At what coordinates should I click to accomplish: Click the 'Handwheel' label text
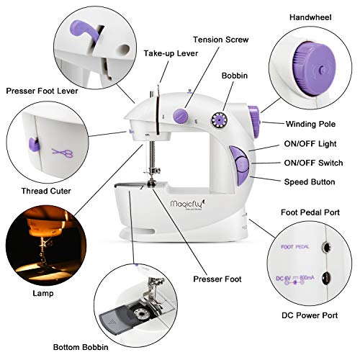coord(310,17)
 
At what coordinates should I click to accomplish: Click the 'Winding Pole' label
coord(310,124)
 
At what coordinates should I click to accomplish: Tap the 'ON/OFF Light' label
coord(310,144)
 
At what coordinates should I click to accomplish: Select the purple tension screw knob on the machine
coord(177,114)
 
